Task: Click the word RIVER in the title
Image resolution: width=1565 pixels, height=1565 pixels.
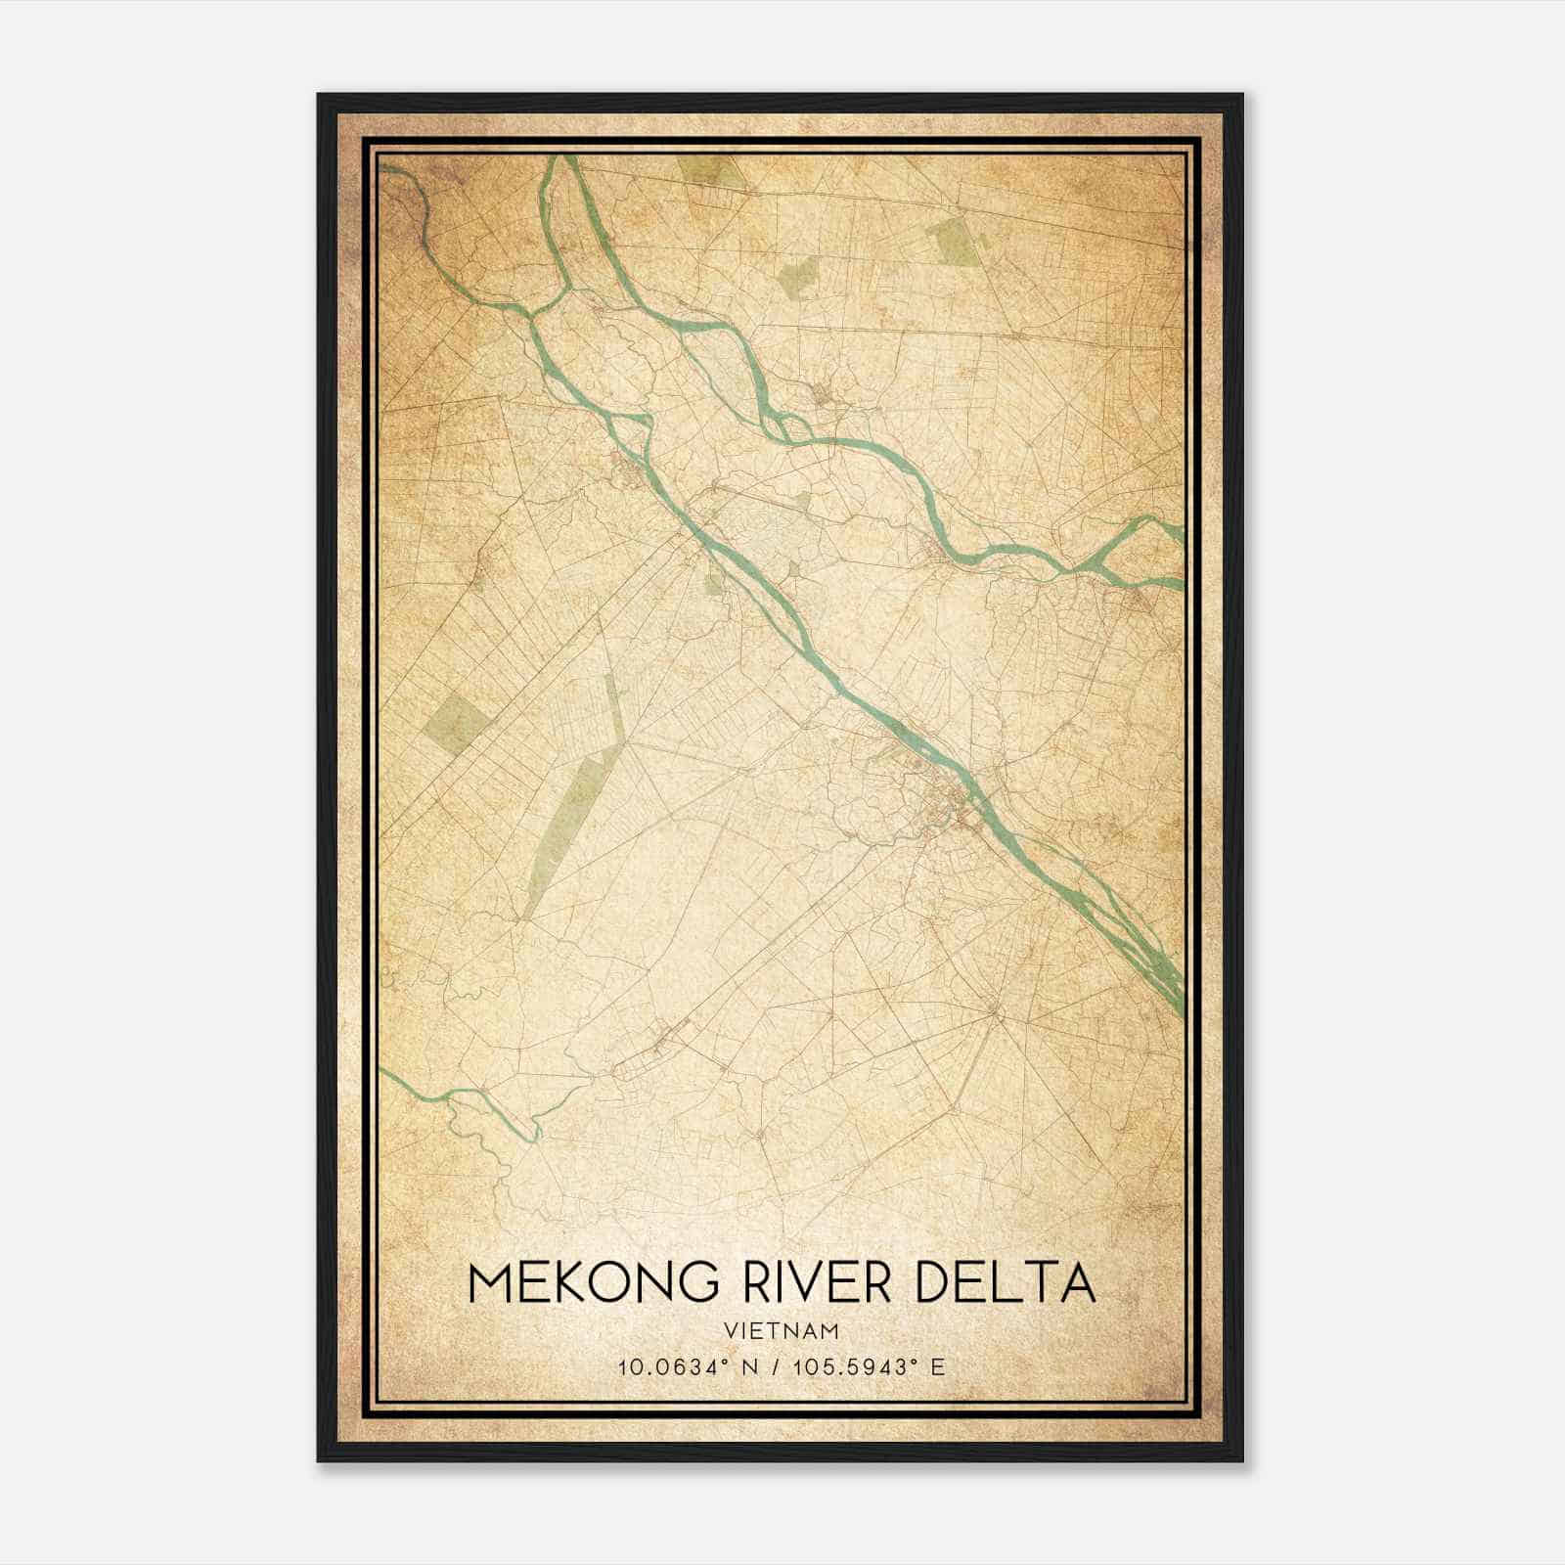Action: click(818, 1282)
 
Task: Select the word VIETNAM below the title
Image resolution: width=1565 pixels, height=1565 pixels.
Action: click(782, 1330)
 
